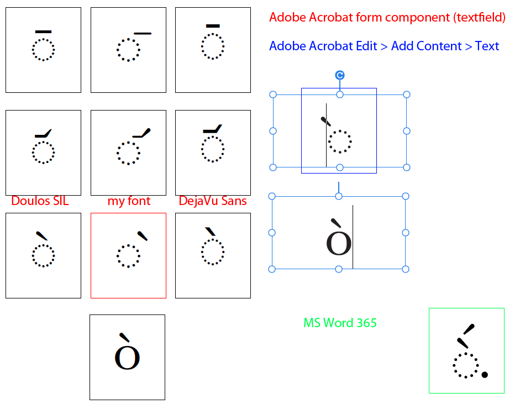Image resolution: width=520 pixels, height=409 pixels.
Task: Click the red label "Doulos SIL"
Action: [x=40, y=201]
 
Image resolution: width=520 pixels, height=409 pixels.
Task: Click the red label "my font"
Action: [x=129, y=201]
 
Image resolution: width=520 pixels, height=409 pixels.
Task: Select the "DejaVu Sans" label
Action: [x=213, y=201]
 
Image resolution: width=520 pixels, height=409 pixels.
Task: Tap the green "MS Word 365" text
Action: [x=340, y=322]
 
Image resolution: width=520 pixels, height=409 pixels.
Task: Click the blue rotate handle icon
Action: [x=340, y=75]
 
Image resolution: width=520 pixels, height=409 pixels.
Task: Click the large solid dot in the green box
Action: [x=485, y=375]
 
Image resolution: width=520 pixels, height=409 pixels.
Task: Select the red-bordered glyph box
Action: [x=128, y=255]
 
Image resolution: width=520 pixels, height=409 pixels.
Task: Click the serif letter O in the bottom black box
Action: [x=127, y=358]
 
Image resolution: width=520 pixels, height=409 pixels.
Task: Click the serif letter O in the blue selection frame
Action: [x=339, y=243]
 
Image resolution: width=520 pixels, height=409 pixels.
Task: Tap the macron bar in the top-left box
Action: [x=43, y=32]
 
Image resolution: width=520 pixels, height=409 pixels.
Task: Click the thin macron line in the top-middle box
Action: [x=142, y=33]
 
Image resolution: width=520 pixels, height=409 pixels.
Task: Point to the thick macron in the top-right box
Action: [x=213, y=25]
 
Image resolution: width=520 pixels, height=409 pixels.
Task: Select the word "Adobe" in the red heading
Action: [x=287, y=17]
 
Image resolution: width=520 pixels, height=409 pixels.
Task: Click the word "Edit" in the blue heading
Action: [x=366, y=46]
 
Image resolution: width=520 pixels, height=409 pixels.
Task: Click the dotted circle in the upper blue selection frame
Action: [x=340, y=141]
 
